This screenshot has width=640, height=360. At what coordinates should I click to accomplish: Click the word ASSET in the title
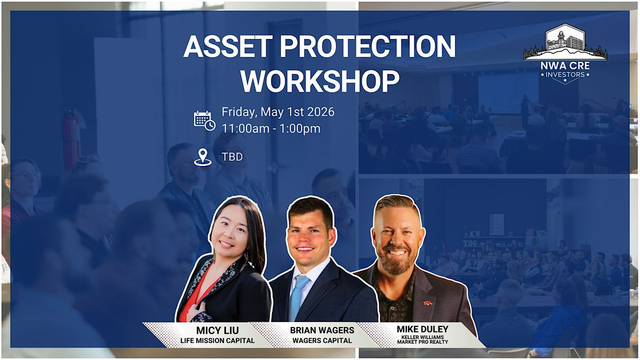click(228, 46)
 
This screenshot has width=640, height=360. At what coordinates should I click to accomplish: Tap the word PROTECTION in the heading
click(367, 46)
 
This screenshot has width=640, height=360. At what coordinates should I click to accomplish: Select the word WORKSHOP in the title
click(320, 81)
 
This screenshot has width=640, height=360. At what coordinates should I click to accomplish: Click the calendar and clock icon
click(205, 121)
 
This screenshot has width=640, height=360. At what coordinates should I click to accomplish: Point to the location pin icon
click(203, 157)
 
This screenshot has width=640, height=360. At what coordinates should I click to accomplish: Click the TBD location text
click(233, 157)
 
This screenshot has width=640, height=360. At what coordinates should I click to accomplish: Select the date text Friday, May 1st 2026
click(278, 111)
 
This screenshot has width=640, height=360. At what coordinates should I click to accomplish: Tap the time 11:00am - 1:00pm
click(271, 129)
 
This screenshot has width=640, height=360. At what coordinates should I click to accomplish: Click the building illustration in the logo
click(565, 42)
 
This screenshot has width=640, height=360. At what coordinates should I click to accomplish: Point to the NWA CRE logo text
click(565, 66)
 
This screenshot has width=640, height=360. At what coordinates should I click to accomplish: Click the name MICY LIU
click(218, 331)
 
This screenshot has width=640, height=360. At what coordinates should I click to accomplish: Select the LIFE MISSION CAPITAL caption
click(218, 341)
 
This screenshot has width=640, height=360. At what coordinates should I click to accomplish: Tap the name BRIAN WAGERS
click(322, 330)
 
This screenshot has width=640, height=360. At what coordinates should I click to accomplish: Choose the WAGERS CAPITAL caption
click(322, 341)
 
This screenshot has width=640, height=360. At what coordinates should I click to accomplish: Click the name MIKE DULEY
click(422, 329)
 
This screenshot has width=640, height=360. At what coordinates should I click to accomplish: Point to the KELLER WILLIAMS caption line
click(422, 337)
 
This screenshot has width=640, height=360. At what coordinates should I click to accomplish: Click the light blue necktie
click(298, 297)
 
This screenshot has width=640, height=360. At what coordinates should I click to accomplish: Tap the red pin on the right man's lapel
click(427, 303)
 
